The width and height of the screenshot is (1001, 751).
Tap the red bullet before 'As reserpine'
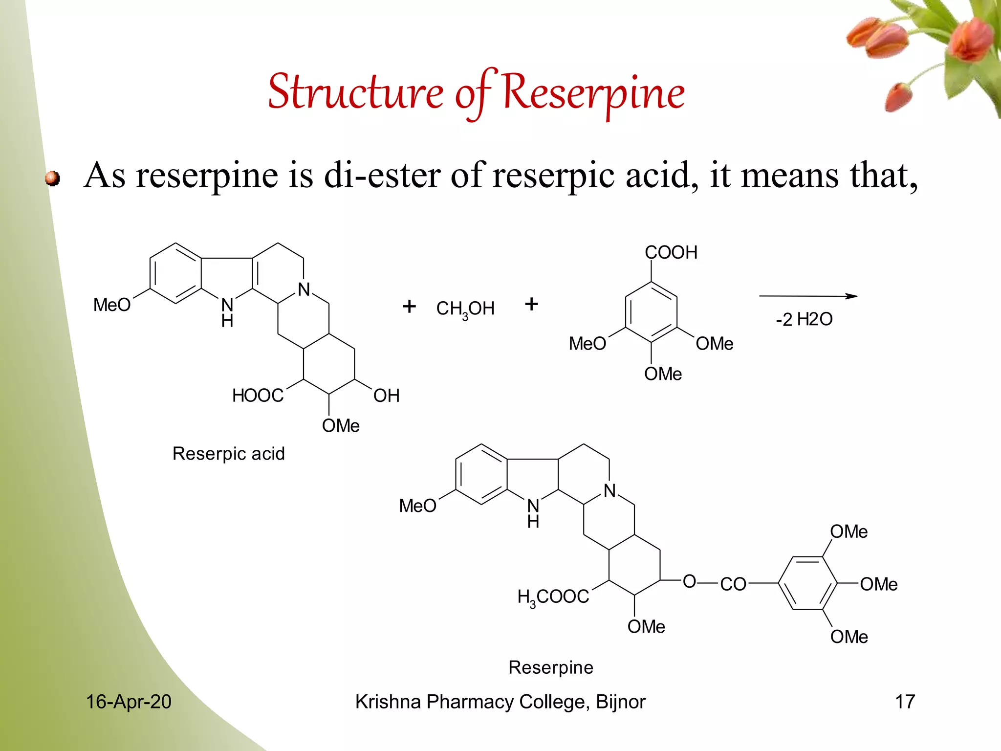pos(52,178)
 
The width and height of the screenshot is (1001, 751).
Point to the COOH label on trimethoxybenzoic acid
pos(671,253)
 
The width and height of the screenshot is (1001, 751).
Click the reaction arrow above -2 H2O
pos(807,296)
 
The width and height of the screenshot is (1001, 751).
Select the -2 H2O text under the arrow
pos(804,319)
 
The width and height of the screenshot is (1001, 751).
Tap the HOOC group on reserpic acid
pos(258,396)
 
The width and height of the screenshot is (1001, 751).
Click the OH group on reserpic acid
pos(386,396)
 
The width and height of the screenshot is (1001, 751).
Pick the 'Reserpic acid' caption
pos(228,454)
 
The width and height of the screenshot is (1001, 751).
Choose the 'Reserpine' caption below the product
pos(551,667)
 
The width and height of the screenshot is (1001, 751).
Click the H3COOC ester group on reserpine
pos(553,597)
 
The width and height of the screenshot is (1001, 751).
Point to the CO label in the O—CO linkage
pos(733,584)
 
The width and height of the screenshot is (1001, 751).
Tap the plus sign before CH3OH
pos(409,307)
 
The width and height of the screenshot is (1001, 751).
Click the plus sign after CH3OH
pos(531,304)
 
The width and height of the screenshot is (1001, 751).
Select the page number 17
pos(905,702)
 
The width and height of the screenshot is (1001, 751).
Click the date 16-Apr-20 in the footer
pos(129,702)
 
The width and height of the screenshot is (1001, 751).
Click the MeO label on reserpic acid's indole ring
pos(112,305)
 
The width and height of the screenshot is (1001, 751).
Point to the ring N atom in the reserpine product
pos(609,490)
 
